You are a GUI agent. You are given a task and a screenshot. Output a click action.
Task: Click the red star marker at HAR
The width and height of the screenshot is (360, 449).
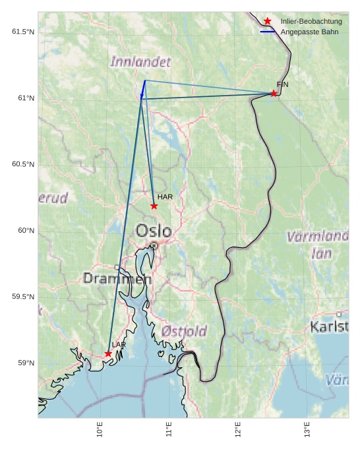[x=154, y=206]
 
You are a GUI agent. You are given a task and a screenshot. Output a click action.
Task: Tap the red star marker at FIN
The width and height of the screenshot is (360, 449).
[x=274, y=94]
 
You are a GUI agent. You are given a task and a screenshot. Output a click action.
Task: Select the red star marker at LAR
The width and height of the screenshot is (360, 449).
[x=108, y=354]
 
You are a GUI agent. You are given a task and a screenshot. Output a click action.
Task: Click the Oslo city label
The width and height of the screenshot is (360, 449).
[x=154, y=231]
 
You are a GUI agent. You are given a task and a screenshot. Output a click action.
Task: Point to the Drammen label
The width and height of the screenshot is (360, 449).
[x=117, y=279]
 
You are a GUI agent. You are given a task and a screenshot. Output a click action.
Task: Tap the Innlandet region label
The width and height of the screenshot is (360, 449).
[x=140, y=62]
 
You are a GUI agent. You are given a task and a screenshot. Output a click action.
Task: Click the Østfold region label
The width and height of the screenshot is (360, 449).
[x=184, y=331]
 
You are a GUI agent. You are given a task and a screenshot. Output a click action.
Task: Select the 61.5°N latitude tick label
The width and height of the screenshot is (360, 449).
[x=23, y=32]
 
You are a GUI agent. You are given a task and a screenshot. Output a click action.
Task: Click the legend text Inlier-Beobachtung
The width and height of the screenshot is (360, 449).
[x=311, y=22]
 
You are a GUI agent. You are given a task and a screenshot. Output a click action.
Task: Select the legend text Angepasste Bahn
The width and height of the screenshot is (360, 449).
[x=309, y=32]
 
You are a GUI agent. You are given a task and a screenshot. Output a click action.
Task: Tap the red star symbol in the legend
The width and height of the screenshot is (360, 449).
[x=268, y=21]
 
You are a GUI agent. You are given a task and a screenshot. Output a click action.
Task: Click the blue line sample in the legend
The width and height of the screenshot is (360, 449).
[x=268, y=32]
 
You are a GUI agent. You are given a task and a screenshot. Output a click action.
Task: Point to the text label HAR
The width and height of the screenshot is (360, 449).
[x=165, y=197]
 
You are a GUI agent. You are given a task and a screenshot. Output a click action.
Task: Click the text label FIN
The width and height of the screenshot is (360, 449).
[x=282, y=84]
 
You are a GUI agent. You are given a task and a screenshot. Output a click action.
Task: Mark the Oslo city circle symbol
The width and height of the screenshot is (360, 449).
[x=154, y=245]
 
